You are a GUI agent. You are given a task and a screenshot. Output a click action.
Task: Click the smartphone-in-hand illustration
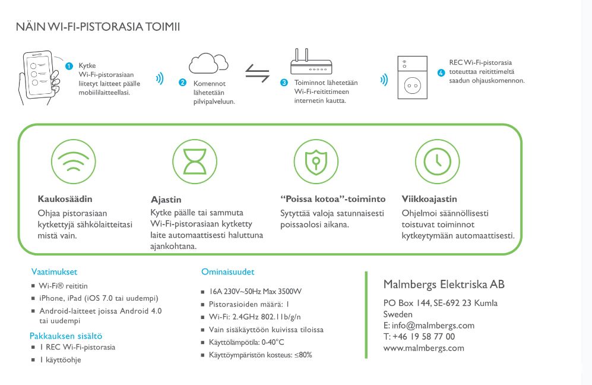[39, 76]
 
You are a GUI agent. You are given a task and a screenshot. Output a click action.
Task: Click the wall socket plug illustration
[411, 77]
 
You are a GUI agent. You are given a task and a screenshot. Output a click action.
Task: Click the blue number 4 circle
[441, 73]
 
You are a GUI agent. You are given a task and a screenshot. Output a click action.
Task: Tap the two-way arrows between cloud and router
[257, 76]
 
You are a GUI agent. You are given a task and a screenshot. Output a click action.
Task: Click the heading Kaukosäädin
[65, 199]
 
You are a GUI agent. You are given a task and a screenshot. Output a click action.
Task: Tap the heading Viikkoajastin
[429, 199]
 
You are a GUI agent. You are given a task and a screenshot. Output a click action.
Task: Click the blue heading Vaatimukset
[54, 272]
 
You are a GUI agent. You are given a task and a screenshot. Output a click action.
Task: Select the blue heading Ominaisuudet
[228, 272]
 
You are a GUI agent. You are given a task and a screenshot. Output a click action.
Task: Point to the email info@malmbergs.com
[429, 325]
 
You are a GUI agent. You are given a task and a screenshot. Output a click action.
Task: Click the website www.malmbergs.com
[424, 348]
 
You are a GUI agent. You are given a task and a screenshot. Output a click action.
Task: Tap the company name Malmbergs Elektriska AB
[444, 285]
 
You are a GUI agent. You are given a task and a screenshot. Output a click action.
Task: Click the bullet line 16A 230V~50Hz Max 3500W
[255, 292]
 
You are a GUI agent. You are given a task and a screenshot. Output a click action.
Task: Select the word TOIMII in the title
[162, 27]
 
